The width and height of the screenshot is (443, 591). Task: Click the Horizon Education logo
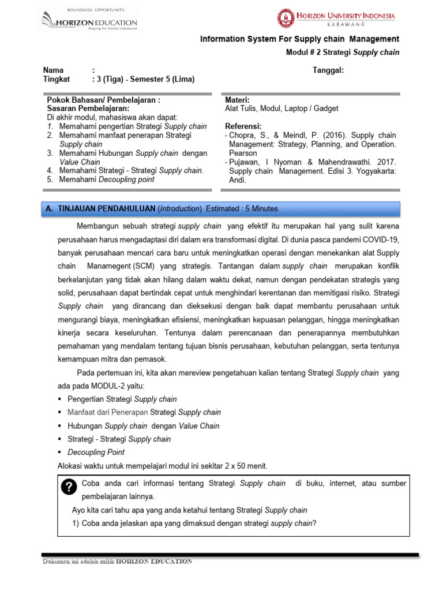89,21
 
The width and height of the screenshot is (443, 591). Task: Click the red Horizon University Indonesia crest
285,18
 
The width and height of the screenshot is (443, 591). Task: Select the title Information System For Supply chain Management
299,39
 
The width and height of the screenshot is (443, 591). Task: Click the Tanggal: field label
328,70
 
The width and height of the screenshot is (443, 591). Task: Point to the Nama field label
54,70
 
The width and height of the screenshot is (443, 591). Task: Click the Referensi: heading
243,126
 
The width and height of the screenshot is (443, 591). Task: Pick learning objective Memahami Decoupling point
107,179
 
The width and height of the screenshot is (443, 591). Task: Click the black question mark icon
69,487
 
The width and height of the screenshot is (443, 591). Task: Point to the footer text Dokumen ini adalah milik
78,562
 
